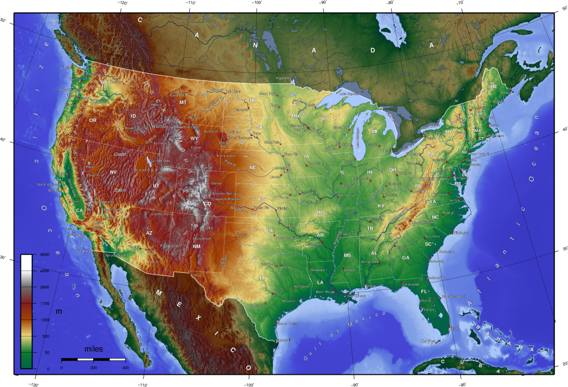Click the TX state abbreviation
tap(262, 277)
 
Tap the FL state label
tap(424, 291)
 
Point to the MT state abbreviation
tap(182, 102)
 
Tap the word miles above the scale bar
tap(93, 349)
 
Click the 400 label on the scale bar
tap(125, 368)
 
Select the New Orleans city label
tap(357, 296)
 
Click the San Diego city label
tap(83, 251)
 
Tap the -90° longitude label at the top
tap(323, 3)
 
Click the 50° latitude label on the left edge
tap(3, 21)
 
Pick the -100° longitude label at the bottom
tap(248, 384)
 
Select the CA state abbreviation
tap(79, 210)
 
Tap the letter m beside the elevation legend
tap(58, 312)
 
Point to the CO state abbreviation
tap(207, 203)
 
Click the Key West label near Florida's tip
tap(427, 340)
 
